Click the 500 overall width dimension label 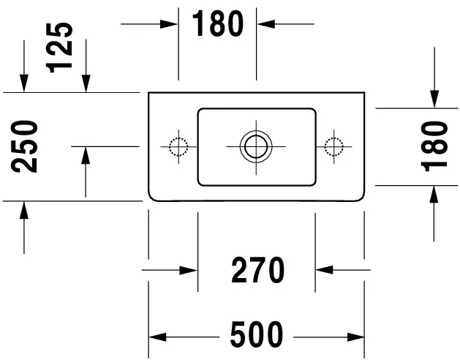click(x=257, y=334)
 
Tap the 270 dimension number click(x=258, y=270)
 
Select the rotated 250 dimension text click(x=24, y=146)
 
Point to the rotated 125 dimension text click(x=59, y=48)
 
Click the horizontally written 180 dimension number click(x=218, y=23)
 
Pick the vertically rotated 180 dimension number click(x=434, y=146)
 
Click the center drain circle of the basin click(x=256, y=146)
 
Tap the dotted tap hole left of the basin click(x=178, y=146)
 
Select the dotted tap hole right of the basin click(x=334, y=146)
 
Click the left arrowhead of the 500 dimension click(x=157, y=337)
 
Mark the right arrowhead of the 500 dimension click(x=355, y=337)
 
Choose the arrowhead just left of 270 click(x=189, y=270)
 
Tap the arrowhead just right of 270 click(x=324, y=269)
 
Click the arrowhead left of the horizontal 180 click(x=169, y=24)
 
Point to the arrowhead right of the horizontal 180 click(x=265, y=24)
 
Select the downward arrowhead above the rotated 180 click(x=434, y=100)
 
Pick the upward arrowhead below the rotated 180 click(x=434, y=195)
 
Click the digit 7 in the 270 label click(x=258, y=270)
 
